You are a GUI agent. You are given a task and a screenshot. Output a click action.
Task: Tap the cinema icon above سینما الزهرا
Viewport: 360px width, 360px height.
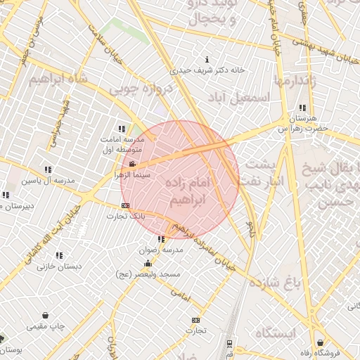(133, 165)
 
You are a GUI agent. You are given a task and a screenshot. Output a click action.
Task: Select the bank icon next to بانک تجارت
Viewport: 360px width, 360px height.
(125, 205)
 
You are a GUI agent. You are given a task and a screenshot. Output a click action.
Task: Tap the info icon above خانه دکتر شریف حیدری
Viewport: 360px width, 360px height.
(206, 59)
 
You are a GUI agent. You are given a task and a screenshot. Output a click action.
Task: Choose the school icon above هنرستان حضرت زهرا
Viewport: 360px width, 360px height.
(302, 108)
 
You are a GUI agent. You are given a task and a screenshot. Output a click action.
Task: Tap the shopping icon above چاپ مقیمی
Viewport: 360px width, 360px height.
(46, 316)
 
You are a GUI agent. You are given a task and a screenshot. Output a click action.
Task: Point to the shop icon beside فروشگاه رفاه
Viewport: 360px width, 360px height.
(321, 342)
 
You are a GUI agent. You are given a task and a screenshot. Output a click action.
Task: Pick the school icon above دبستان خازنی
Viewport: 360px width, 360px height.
(59, 256)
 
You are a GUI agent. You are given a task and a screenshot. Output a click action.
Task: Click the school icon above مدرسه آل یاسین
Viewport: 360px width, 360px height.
(48, 169)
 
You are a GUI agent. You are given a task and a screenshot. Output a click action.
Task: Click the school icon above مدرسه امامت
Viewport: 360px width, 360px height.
(122, 129)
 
